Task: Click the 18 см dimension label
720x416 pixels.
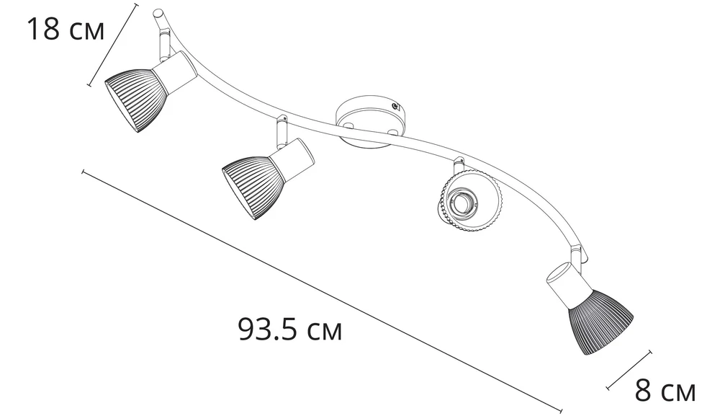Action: [66, 29]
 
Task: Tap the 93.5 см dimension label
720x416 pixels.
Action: [290, 329]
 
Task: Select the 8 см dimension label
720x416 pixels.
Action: [665, 391]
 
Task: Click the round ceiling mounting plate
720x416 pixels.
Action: [370, 122]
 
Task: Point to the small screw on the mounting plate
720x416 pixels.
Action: [395, 106]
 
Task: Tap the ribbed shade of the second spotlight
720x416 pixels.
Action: [251, 187]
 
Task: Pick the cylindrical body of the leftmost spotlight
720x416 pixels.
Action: [175, 72]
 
